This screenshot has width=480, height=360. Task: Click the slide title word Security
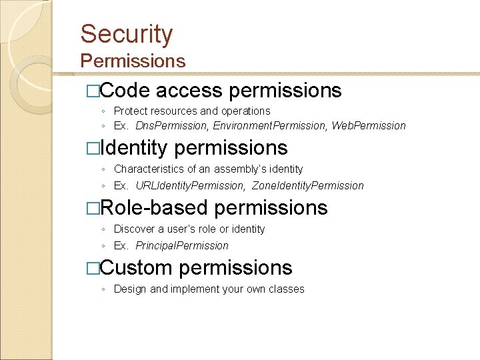(x=127, y=34)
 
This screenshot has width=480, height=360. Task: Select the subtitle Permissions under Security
(x=133, y=61)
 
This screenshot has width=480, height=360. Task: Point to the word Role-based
(x=154, y=208)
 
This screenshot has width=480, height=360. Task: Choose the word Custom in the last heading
(x=136, y=268)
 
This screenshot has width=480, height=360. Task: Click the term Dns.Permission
(x=171, y=126)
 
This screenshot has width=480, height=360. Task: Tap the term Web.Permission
(x=369, y=126)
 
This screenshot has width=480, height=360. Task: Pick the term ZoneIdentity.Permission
(x=308, y=186)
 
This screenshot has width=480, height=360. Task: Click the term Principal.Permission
(x=182, y=246)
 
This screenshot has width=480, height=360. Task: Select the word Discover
(x=133, y=229)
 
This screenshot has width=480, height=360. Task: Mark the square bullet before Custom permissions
(x=93, y=269)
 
